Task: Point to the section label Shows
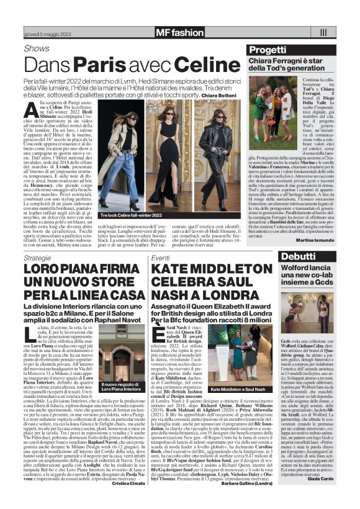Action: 37,48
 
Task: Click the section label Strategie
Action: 38,257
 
